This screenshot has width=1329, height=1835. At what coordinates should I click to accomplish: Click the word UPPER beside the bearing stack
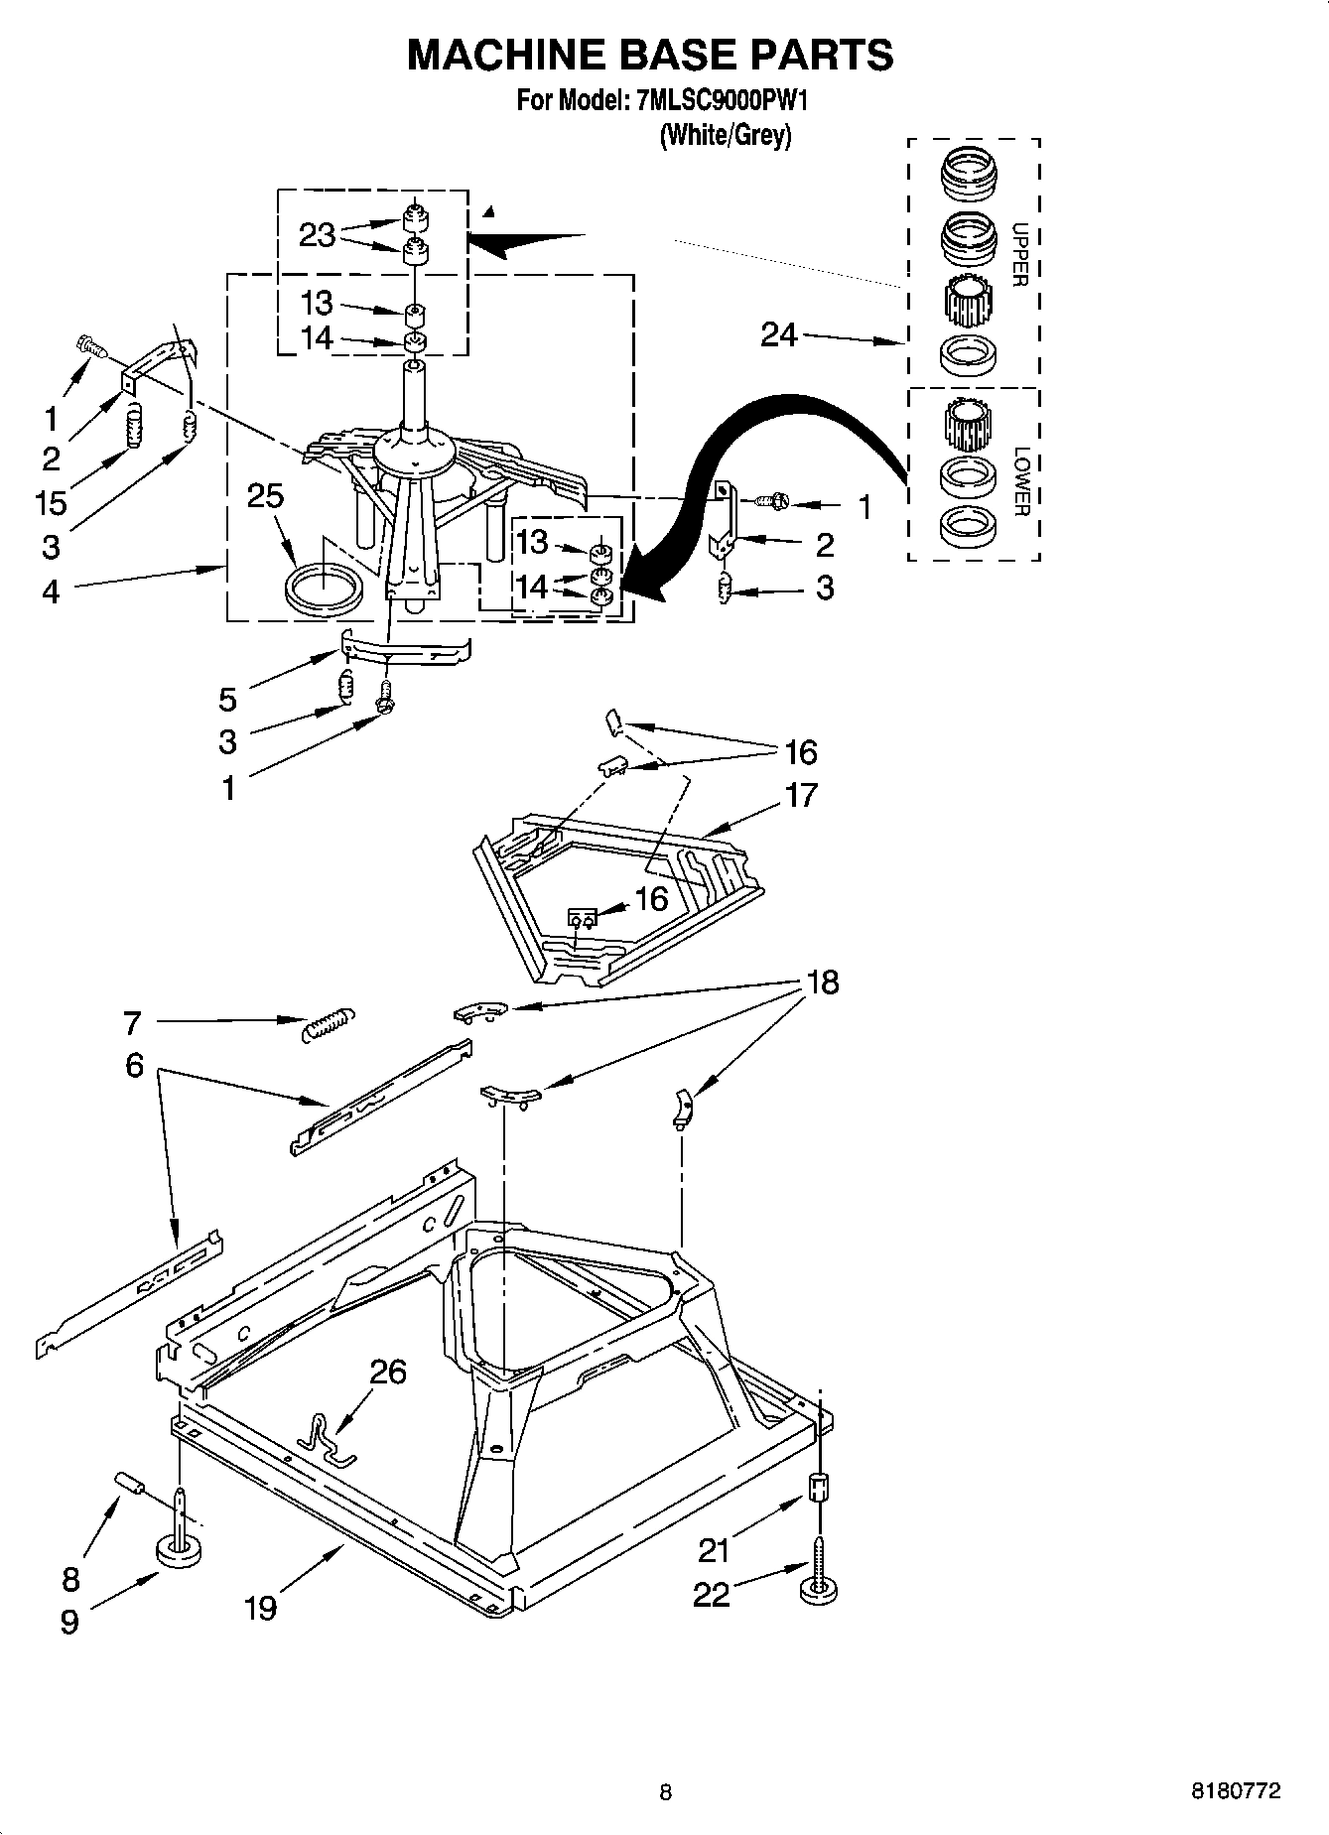point(1018,255)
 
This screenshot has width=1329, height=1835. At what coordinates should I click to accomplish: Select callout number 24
point(779,335)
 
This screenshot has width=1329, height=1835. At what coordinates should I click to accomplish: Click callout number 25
point(265,495)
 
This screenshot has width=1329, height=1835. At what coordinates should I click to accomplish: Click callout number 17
point(801,795)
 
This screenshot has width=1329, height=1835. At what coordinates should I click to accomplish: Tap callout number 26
point(388,1372)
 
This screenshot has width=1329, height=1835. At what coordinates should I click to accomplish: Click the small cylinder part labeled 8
point(130,1484)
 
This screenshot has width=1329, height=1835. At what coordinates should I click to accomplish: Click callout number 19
point(260,1607)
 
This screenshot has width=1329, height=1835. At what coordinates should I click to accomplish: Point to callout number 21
point(715,1548)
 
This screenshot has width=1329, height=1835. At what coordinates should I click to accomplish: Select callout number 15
point(51,502)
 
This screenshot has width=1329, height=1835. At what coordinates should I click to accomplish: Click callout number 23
point(317,236)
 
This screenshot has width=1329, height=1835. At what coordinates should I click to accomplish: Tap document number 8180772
point(1236,1791)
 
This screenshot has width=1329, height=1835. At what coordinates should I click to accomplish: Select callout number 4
point(51,591)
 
